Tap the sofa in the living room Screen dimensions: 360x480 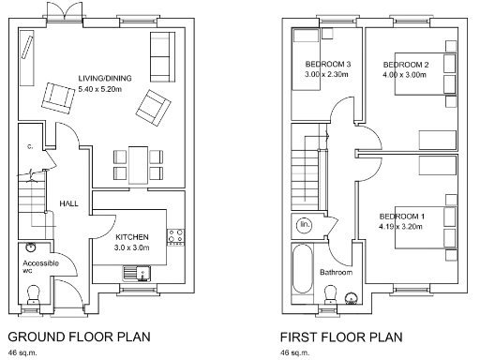pos(161,55)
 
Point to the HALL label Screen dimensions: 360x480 pos(69,202)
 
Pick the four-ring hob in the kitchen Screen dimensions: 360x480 pos(174,236)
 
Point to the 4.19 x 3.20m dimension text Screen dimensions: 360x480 pos(400,226)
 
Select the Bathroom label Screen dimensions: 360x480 pos(336,273)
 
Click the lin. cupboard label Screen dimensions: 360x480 pos(304,226)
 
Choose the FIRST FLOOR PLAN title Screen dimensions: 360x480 pos(341,337)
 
